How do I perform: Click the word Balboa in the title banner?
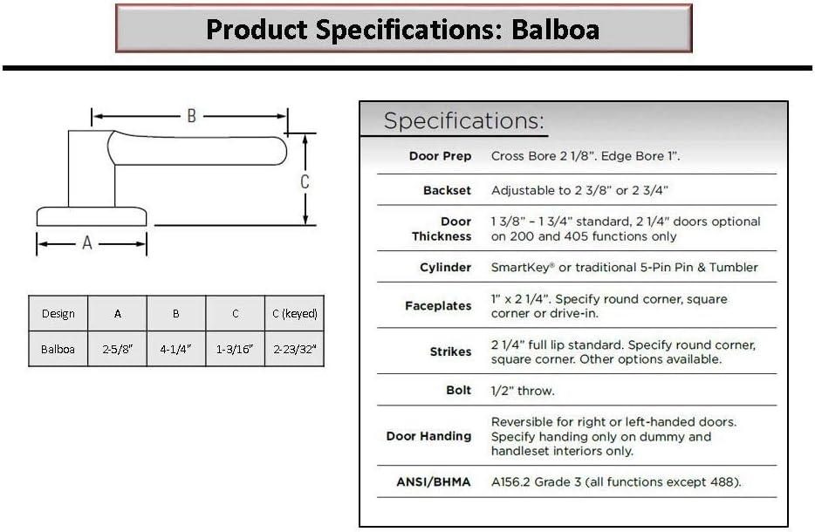click(555, 29)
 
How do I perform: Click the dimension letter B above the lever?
click(192, 116)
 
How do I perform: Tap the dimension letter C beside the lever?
click(305, 181)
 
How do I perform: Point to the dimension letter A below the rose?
click(86, 242)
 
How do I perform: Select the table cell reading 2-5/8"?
click(118, 349)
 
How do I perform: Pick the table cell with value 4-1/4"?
click(176, 349)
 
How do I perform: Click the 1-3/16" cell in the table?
click(235, 349)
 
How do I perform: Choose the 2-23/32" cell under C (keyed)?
click(295, 349)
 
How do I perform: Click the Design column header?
click(58, 314)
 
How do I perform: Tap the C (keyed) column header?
click(295, 314)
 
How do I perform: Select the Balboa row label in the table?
click(58, 349)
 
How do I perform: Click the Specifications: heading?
click(463, 120)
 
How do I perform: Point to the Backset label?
click(447, 191)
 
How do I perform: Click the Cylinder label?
click(445, 268)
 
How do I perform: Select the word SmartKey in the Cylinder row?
click(520, 268)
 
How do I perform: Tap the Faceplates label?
click(438, 306)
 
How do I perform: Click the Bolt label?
click(458, 390)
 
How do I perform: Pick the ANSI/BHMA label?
click(434, 482)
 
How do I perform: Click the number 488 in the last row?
click(722, 482)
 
